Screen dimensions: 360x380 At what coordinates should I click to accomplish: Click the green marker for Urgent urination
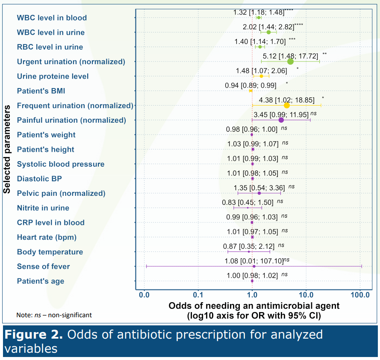tap(291, 62)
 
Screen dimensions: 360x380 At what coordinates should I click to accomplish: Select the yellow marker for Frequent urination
tap(287, 105)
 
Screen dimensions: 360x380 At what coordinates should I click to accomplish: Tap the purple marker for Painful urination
tap(281, 120)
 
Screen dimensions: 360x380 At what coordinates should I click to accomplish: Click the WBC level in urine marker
tap(268, 32)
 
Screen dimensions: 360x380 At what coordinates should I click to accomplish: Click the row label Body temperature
tap(50, 252)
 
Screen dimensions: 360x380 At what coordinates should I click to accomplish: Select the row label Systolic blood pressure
tap(60, 164)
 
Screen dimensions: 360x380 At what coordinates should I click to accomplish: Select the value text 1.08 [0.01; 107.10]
tap(253, 260)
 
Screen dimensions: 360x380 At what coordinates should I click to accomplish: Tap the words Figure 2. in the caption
tap(35, 335)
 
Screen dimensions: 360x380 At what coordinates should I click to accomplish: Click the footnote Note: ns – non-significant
tap(54, 315)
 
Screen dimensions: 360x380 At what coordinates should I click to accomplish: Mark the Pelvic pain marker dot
tap(259, 193)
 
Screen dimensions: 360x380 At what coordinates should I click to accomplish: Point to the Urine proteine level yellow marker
tap(261, 76)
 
